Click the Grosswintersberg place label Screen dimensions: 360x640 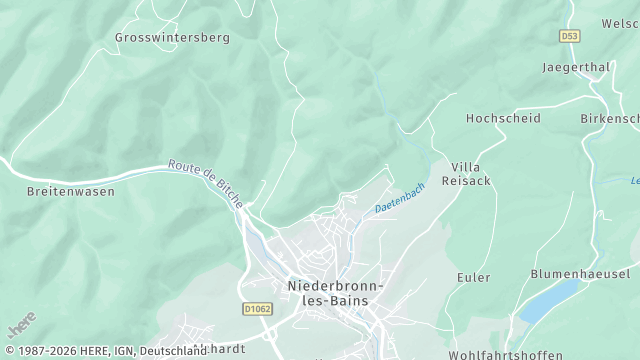click(172, 37)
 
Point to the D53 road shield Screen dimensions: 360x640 click(569, 36)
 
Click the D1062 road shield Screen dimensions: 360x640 click(257, 310)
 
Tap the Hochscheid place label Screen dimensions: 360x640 click(503, 118)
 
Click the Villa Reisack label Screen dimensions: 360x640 click(472, 173)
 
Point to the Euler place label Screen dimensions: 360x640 click(473, 277)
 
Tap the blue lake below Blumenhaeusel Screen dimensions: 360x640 click(549, 302)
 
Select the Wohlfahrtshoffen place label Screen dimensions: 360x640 click(505, 354)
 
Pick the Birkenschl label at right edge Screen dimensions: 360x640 click(610, 118)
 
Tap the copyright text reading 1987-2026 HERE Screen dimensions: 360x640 click(64, 351)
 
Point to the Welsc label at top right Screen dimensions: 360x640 click(619, 23)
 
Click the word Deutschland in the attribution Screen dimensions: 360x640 click(173, 351)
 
